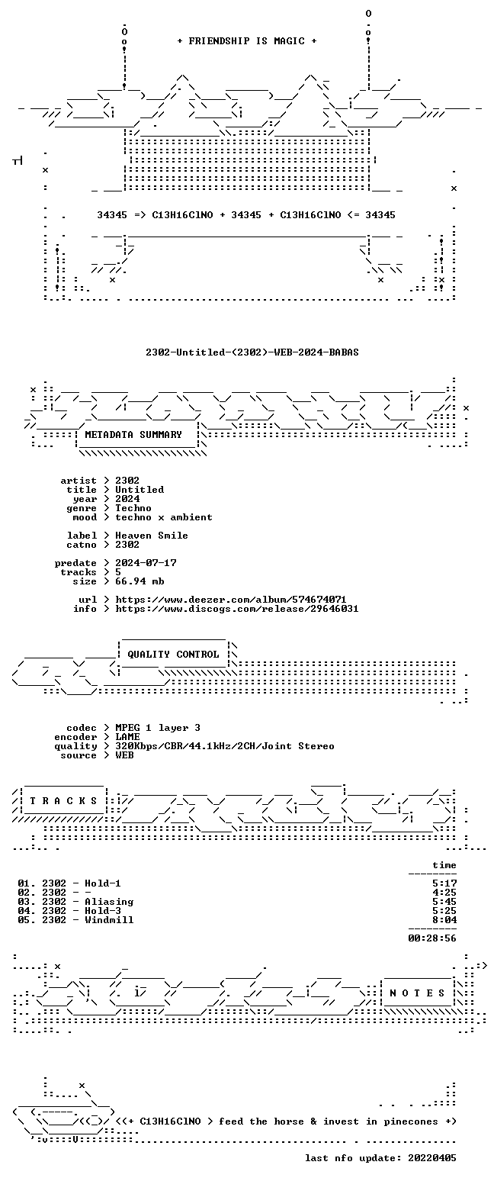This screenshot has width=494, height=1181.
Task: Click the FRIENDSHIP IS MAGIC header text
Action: point(246,41)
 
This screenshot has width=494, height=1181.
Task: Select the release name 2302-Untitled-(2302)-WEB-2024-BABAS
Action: point(252,352)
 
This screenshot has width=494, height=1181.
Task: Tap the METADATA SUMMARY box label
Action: point(133,434)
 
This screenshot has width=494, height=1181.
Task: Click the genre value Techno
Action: point(133,508)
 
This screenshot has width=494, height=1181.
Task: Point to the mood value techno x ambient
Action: point(164,517)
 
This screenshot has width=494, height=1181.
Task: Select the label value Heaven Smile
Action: point(152,535)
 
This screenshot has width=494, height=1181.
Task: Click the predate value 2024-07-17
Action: point(146,563)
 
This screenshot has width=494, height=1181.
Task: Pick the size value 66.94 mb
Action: point(140,581)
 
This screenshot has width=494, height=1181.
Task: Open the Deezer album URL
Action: point(231,600)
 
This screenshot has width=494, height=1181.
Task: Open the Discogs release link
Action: point(237,609)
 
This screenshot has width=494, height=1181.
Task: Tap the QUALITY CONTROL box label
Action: point(173,655)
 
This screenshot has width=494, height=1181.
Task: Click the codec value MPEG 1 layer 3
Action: point(158,728)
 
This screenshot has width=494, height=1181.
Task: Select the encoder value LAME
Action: point(127,737)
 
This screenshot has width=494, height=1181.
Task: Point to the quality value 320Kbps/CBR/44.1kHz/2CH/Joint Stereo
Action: point(225,746)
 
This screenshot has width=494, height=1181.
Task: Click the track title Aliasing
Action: point(109,902)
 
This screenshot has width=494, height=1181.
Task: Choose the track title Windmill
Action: point(109,920)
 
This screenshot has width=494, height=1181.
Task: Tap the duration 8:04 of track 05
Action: point(444,920)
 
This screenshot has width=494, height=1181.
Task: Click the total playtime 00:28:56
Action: point(432,938)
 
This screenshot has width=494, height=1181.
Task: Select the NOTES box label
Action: point(417,993)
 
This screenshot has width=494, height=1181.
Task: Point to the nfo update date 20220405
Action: point(432,1158)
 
